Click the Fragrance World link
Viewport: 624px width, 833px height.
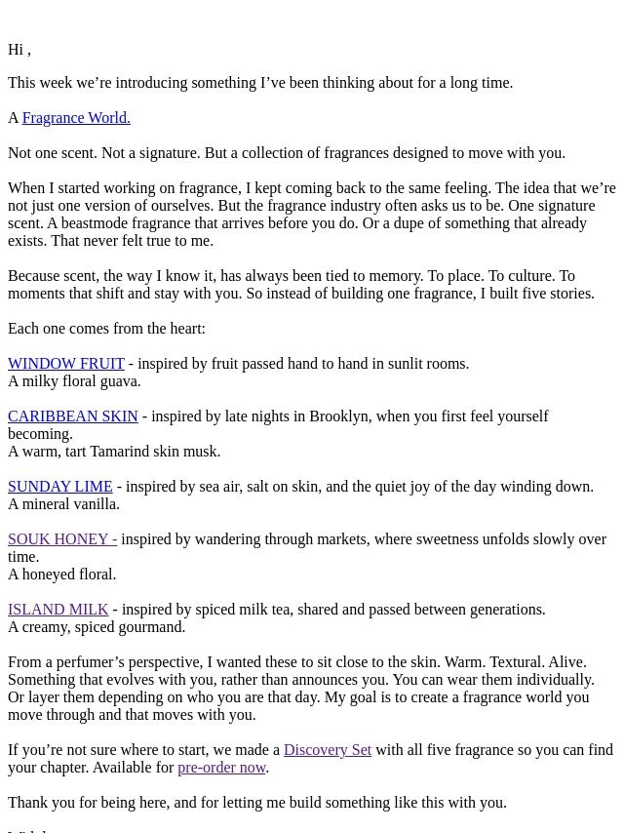76,118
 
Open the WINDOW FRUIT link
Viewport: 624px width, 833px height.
66,364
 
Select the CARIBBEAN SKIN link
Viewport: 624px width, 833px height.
73,416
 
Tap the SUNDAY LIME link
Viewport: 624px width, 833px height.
60,487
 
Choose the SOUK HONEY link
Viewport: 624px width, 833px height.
62,539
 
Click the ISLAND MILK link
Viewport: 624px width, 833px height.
58,610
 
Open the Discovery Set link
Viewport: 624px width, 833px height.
328,750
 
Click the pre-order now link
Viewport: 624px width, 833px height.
221,768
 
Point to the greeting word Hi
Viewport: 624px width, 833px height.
16,50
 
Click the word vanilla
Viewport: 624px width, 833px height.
94,504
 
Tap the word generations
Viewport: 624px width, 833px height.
501,610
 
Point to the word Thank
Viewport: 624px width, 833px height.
28,803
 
